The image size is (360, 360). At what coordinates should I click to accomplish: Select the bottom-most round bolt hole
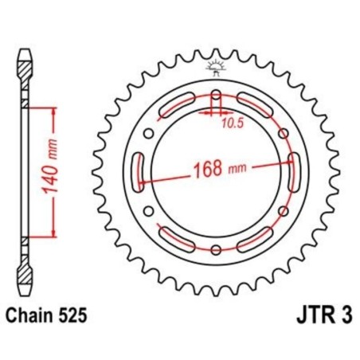(x=216, y=250)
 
